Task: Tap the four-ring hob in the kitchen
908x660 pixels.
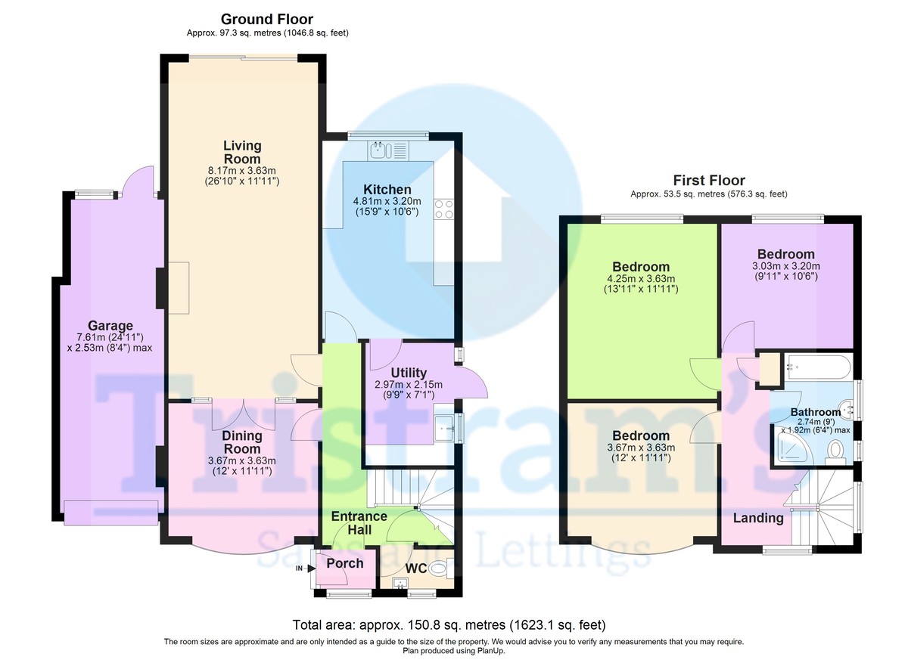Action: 443,209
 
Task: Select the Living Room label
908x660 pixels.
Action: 242,152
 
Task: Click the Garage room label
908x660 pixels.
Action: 110,326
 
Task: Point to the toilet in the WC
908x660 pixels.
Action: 440,569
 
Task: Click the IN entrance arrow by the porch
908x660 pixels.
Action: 306,569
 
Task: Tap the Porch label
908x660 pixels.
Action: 345,563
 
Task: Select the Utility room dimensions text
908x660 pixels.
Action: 408,389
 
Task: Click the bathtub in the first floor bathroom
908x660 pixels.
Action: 817,367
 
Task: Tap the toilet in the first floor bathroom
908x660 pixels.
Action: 835,453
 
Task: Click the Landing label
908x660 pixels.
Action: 758,518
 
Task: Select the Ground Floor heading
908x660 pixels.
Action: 266,19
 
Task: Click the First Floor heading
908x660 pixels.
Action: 709,180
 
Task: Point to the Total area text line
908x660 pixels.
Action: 449,624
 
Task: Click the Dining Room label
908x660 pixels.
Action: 242,442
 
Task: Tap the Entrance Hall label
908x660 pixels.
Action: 359,522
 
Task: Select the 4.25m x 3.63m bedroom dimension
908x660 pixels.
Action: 641,284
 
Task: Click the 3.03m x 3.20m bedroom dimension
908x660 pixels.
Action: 786,271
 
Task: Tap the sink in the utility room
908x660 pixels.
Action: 444,428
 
